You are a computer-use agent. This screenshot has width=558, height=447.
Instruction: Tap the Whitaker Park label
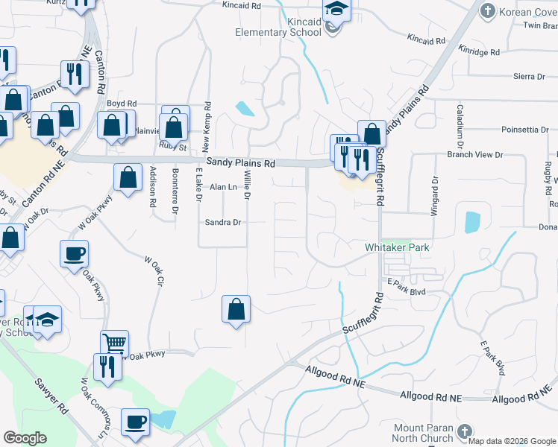pyautogui.click(x=398, y=247)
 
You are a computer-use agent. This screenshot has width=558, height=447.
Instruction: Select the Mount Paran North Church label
pyautogui.click(x=423, y=433)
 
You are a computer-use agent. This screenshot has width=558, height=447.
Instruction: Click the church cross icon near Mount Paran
pyautogui.click(x=464, y=431)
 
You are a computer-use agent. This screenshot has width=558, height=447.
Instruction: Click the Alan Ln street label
pyautogui.click(x=223, y=187)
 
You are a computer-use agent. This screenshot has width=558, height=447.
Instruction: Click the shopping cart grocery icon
pyautogui.click(x=114, y=343)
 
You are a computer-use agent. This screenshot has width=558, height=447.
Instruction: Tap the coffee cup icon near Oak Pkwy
pyautogui.click(x=75, y=254)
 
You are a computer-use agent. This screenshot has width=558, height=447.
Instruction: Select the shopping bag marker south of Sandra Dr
pyautogui.click(x=236, y=309)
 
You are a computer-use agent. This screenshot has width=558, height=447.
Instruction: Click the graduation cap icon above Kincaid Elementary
pyautogui.click(x=337, y=10)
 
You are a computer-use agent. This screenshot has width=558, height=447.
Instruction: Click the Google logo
pyautogui.click(x=25, y=438)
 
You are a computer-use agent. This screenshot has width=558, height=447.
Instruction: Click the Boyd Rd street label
pyautogui.click(x=122, y=104)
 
